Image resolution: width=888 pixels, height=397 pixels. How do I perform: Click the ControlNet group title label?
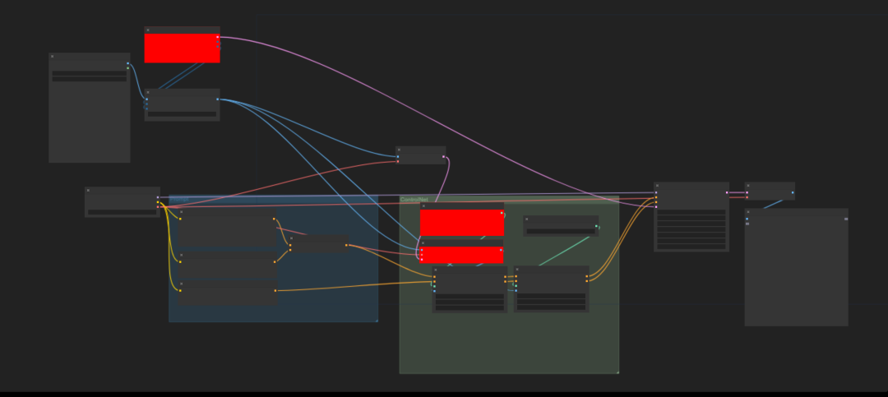[414, 200]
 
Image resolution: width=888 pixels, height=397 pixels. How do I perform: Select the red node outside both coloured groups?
[182, 48]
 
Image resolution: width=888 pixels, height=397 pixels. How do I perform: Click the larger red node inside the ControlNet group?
[462, 223]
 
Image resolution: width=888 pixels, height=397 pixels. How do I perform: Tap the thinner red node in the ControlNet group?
[462, 255]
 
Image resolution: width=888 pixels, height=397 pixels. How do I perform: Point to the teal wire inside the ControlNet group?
[567, 250]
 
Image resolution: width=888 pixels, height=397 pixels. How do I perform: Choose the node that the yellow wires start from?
[122, 201]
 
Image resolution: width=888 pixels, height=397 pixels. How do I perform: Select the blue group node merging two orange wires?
[319, 244]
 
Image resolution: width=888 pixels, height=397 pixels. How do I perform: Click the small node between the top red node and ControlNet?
[421, 155]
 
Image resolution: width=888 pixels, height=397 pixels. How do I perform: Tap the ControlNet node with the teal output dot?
[561, 225]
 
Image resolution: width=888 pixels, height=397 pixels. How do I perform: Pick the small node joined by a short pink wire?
[770, 191]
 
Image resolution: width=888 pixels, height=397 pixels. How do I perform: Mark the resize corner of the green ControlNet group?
[617, 372]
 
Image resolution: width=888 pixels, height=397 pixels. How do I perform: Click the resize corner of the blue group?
[376, 320]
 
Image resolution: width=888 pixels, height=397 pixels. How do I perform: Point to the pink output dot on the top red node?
[218, 37]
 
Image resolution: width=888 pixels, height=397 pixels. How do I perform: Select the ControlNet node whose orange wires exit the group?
[551, 289]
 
